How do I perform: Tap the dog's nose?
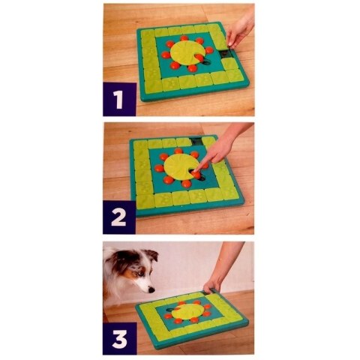click(x=151, y=289)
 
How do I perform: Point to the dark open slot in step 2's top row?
click(x=196, y=140)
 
